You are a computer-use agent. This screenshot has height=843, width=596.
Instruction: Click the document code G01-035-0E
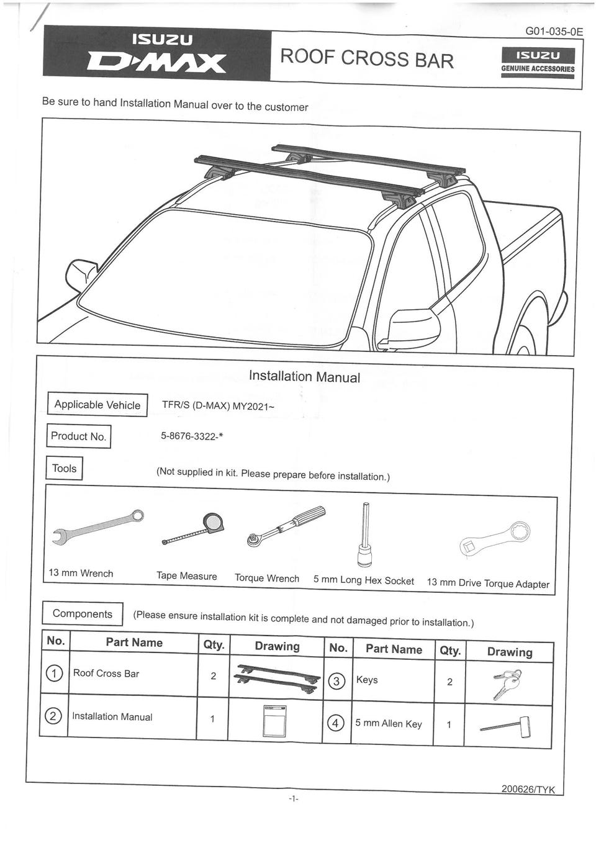(554, 31)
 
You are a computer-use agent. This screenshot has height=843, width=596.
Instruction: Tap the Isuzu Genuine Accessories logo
(538, 61)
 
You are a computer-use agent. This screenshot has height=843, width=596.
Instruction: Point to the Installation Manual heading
(304, 376)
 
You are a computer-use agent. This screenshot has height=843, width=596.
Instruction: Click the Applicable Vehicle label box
(97, 405)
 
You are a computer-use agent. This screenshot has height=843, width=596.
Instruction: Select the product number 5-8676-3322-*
(192, 436)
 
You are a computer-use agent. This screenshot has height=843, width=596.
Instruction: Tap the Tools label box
(64, 468)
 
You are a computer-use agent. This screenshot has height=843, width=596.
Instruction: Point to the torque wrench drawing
(286, 527)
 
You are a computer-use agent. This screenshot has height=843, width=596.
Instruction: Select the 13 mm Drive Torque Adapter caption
(488, 584)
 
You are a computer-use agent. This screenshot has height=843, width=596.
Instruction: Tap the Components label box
(83, 614)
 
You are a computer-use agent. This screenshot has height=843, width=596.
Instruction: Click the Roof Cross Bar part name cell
(106, 674)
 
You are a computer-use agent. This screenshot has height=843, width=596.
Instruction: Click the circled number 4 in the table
(336, 723)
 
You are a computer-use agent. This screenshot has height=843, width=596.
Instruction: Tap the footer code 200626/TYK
(528, 790)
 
